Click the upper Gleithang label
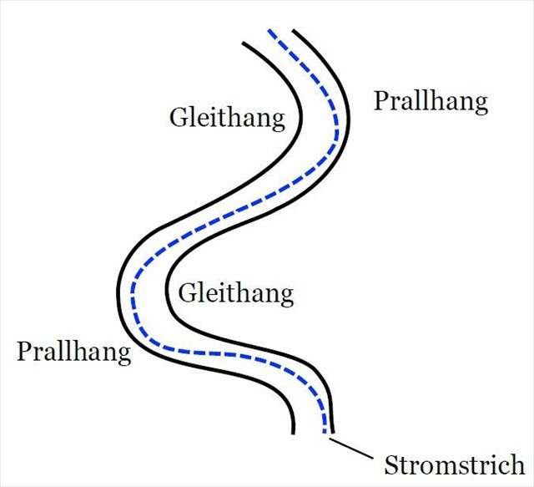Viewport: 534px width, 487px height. (227, 117)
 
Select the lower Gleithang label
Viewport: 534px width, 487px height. (236, 293)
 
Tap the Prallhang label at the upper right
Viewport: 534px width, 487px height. (430, 102)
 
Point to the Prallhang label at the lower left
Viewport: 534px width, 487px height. (74, 351)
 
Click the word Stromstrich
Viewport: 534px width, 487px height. (454, 464)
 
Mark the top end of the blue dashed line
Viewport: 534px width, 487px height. (269, 32)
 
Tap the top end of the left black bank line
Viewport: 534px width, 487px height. (242, 42)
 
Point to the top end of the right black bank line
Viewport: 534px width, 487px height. (293, 31)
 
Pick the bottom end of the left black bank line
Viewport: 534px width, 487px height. (294, 433)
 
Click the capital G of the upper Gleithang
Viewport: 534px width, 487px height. (179, 116)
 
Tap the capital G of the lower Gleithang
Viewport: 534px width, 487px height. (188, 293)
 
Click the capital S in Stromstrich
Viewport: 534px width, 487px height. (390, 464)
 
